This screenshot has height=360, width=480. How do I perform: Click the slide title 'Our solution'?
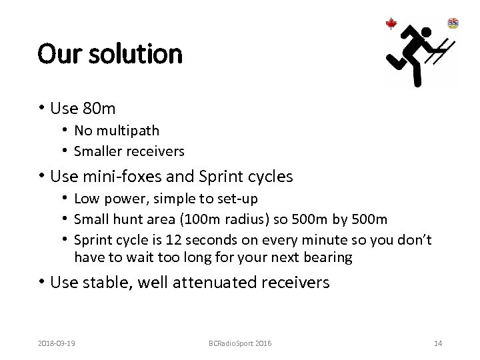[x=110, y=53]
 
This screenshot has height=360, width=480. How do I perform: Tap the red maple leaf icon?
[x=391, y=24]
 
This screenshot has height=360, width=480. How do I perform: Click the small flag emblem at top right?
[x=453, y=23]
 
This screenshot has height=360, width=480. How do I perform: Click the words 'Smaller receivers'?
[x=129, y=151]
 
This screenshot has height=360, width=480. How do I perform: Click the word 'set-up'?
[x=239, y=199]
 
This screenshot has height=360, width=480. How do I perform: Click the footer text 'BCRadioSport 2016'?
[x=239, y=343]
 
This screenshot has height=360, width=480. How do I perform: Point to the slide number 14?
[x=437, y=343]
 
